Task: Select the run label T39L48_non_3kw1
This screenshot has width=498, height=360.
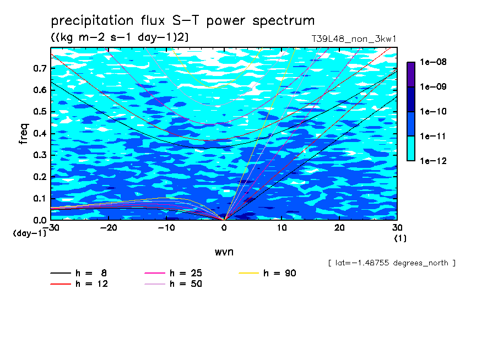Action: click(354, 39)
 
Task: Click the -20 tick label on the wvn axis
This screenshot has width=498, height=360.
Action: click(109, 228)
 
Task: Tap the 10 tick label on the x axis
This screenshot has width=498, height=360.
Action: click(282, 228)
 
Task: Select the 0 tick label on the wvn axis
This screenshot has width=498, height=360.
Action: click(224, 228)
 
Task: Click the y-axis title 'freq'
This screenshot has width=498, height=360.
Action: click(24, 134)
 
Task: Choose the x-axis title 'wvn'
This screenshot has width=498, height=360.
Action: click(224, 252)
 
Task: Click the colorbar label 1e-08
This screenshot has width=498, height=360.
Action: click(433, 62)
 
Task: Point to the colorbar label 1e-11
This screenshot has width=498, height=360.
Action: click(433, 137)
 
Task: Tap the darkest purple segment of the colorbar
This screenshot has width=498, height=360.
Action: click(411, 75)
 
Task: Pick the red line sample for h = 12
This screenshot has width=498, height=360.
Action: click(61, 284)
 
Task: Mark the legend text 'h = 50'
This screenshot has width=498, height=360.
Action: click(186, 284)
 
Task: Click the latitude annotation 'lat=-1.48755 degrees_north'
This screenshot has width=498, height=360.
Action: click(392, 263)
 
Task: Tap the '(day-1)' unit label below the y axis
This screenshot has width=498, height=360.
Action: click(29, 233)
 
